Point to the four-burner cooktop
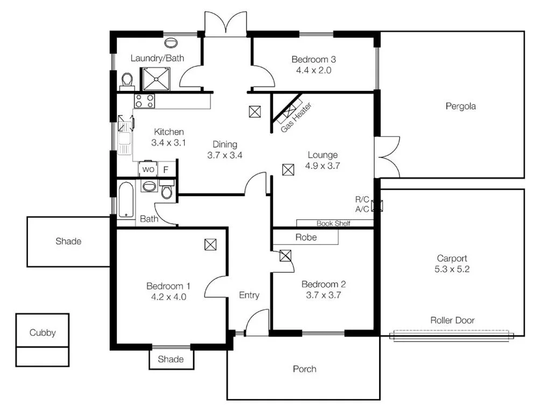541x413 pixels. click(144, 101)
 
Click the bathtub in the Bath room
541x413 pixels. click(127, 200)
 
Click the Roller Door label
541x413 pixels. click(452, 321)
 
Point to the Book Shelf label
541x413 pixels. click(334, 223)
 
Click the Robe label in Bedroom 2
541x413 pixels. click(306, 237)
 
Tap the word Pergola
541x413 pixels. click(460, 106)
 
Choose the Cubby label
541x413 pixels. click(42, 333)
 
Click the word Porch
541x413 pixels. click(304, 369)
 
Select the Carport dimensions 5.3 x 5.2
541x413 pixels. click(452, 269)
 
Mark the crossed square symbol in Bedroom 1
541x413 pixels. click(210, 245)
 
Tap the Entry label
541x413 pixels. click(249, 295)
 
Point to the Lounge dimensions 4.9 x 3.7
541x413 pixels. click(322, 166)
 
